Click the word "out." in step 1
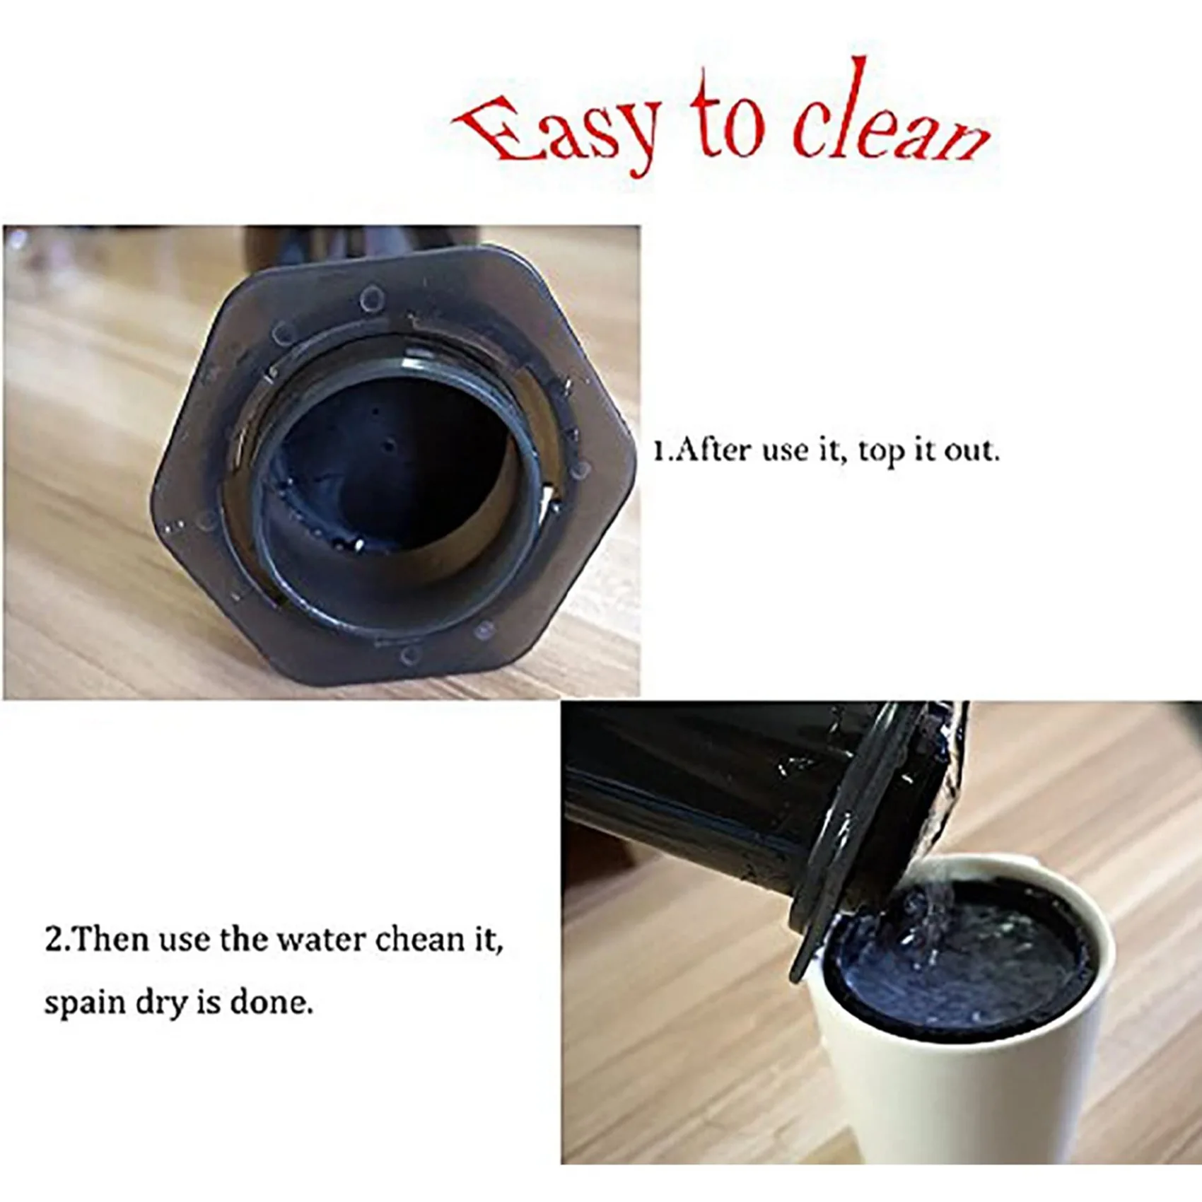[971, 450]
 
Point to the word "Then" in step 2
[110, 940]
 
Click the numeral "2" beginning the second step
[53, 940]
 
